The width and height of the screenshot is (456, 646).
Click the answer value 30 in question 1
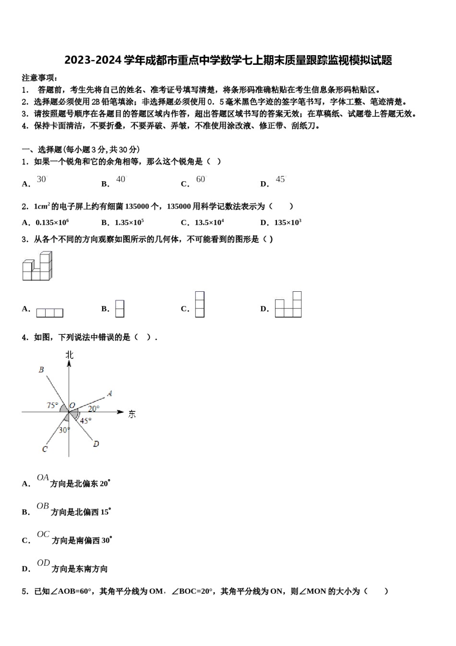pos(42,179)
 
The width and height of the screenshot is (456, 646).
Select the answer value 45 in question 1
pos(280,179)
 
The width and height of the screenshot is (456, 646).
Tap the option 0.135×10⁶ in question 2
pos(52,222)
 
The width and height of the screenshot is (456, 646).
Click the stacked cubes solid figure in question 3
pos(37,266)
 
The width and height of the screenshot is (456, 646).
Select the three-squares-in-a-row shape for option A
pos(49,313)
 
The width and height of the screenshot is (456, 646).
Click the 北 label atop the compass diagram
pos(70,354)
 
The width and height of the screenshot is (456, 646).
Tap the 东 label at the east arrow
pos(132,413)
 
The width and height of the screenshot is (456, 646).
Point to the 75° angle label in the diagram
pos(52,405)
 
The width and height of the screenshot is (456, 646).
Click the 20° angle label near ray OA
pos(94,409)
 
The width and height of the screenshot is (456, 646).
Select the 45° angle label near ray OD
pos(85,421)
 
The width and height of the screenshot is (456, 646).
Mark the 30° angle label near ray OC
pos(64,430)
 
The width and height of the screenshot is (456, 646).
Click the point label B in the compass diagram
pos(41,370)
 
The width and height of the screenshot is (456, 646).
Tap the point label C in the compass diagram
pos(45,449)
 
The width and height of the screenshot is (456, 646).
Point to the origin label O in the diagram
pos(72,405)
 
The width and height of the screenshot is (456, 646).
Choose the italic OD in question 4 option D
pos(43,563)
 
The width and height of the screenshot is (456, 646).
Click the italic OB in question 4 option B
pos(43,506)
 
